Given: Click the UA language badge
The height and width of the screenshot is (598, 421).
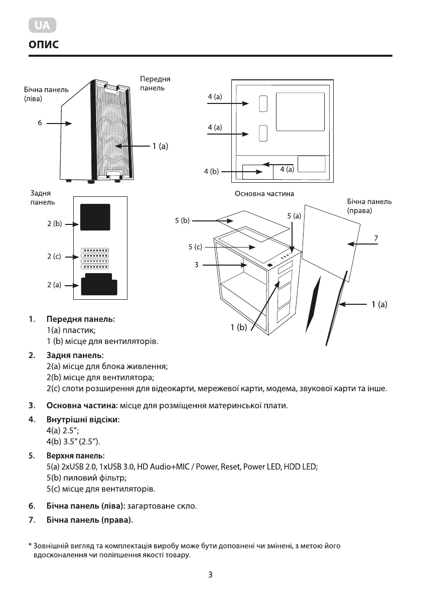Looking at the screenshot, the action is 42,25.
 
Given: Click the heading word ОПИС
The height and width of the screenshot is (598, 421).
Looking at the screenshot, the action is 44,45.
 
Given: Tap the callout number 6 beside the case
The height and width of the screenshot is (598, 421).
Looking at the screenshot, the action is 40,123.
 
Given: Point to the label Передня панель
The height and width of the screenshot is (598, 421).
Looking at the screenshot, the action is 155,83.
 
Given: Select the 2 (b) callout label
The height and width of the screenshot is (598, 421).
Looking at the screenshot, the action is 55,223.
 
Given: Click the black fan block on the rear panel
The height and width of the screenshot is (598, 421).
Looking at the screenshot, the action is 95,217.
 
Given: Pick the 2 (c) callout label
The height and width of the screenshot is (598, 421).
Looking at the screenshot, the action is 54,256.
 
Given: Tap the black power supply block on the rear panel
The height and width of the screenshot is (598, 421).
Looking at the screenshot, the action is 99,284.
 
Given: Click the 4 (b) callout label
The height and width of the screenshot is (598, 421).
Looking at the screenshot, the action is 211,171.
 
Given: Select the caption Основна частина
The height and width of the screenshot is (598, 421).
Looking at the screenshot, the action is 264,194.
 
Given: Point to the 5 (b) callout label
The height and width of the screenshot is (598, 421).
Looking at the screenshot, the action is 182,220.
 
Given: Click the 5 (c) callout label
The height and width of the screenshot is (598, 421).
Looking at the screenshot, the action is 195,247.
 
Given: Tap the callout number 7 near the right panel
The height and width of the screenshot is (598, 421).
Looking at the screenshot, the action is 376,238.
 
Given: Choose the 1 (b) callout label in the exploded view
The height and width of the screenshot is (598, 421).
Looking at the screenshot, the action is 238,327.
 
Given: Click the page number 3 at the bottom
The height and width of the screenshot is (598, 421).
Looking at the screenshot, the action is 210,575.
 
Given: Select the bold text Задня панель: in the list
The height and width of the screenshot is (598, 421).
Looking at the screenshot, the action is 75,355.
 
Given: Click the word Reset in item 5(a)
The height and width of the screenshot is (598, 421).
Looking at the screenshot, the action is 230,467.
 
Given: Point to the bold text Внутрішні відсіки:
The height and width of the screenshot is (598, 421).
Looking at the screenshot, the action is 83,420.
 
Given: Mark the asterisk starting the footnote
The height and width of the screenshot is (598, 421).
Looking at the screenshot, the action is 30,545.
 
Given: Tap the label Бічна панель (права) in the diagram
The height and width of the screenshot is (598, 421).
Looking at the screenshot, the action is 369,206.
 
